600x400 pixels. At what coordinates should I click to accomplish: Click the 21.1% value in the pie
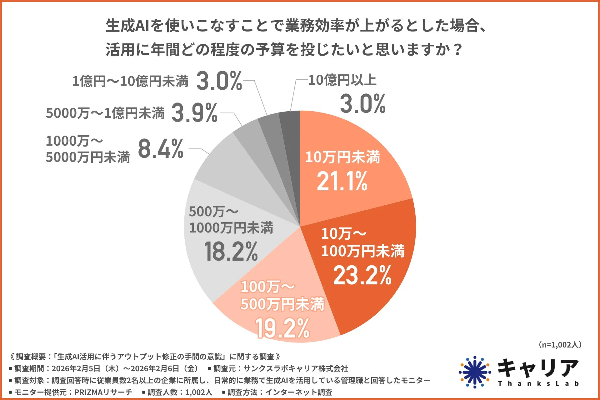pos(342,181)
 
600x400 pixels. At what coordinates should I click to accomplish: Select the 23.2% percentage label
pos(362,275)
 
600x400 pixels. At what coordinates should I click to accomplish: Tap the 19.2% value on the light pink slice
pos(282,328)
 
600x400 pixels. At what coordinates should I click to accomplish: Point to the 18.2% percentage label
pos(231,252)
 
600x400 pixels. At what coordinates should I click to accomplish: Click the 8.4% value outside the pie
pos(161,149)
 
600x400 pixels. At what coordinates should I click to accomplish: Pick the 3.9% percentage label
pos(194,113)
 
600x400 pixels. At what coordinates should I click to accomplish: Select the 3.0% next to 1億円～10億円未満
pos(219,81)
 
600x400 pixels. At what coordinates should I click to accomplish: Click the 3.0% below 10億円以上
pos(363,104)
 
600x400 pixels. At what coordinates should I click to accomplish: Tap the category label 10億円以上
pos(342,80)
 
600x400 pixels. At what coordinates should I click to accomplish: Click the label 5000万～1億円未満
pos(105,113)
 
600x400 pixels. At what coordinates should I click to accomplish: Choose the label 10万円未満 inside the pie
pos(342,157)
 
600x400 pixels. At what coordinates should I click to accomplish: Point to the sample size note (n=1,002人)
pos(560,345)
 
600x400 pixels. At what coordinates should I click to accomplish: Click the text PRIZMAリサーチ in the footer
pos(103,392)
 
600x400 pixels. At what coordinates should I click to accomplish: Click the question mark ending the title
pos(458,50)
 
